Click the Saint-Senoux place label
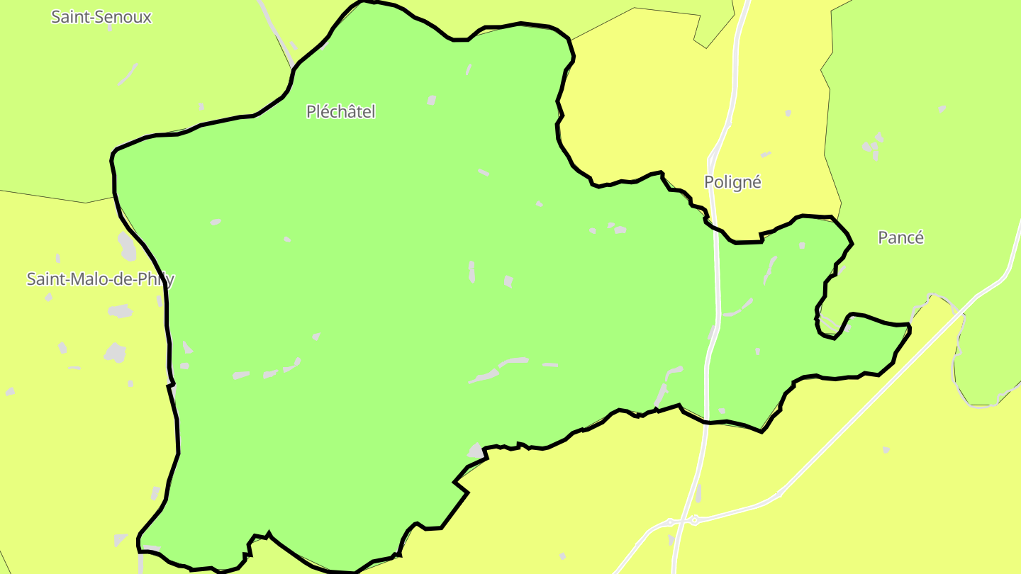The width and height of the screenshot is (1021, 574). tap(101, 17)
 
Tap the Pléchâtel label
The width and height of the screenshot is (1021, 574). tap(340, 111)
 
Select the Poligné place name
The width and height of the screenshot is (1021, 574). tap(732, 182)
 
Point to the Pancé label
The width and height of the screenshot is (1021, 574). tap(900, 237)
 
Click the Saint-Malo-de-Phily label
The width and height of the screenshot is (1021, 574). tap(100, 279)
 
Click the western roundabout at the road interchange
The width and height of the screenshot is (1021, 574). tap(670, 523)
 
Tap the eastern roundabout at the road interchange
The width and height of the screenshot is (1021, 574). tap(695, 520)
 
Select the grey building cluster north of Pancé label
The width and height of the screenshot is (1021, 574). tap(873, 145)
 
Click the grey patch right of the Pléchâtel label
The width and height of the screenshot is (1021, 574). tap(432, 101)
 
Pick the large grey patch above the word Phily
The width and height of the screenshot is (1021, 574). tap(127, 245)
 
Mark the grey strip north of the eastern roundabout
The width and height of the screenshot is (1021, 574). tap(698, 493)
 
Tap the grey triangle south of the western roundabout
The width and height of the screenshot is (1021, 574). tap(671, 540)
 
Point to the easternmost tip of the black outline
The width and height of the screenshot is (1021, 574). tap(910, 327)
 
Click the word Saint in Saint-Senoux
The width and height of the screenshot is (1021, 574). tap(70, 17)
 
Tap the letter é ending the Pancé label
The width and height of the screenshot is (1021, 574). tap(919, 237)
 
